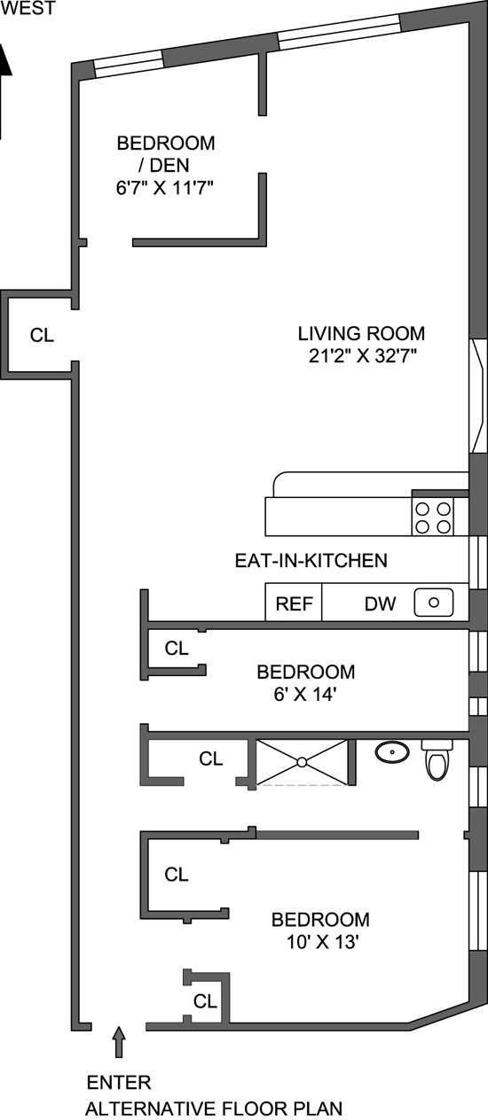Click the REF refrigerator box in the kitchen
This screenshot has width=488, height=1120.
(x=294, y=602)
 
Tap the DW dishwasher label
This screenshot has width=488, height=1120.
(x=380, y=603)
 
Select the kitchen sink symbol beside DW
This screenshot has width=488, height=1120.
(x=434, y=602)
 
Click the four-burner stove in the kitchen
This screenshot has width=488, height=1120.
(x=432, y=517)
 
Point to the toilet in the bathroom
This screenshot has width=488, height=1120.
(x=437, y=759)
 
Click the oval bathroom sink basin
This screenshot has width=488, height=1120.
(x=392, y=751)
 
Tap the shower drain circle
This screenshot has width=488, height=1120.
(x=302, y=762)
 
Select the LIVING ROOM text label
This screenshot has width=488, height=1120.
(x=361, y=333)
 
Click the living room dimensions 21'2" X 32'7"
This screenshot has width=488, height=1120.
(x=362, y=355)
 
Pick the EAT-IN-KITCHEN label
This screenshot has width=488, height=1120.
(x=311, y=561)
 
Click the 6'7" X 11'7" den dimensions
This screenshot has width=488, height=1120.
(x=165, y=188)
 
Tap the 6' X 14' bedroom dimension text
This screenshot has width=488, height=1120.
(x=305, y=694)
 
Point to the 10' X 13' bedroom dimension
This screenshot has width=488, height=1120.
(x=323, y=942)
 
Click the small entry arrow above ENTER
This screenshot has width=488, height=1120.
(x=119, y=1041)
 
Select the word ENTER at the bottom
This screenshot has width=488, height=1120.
(x=119, y=1083)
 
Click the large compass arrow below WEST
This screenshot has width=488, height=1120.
(x=4, y=90)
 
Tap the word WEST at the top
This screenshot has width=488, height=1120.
(x=28, y=8)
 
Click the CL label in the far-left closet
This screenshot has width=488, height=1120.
(x=42, y=335)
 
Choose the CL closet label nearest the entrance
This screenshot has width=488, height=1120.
(x=205, y=1001)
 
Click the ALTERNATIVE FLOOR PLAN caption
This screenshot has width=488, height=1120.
(x=214, y=1108)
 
